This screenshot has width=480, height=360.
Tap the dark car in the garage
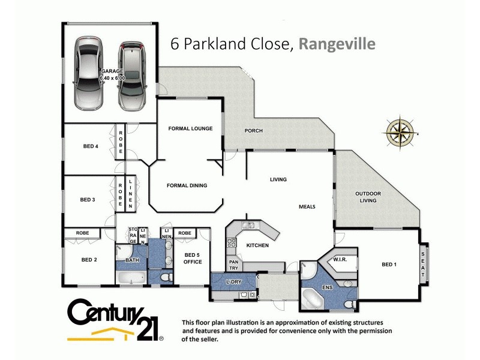coord(131,75)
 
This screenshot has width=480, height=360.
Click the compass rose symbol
coord(401,131)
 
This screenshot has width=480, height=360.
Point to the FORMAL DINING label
coord(187,185)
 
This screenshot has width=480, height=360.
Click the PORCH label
coord(253,131)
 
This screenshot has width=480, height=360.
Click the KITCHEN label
coord(257,246)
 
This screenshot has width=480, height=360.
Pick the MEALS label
coord(307,207)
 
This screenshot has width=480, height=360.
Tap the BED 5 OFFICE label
coord(193,259)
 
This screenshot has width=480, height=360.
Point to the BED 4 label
coord(91,146)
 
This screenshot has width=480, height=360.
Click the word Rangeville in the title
coord(337,44)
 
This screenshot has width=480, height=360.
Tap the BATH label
coord(132,260)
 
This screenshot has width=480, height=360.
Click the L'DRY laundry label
coord(233,282)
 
